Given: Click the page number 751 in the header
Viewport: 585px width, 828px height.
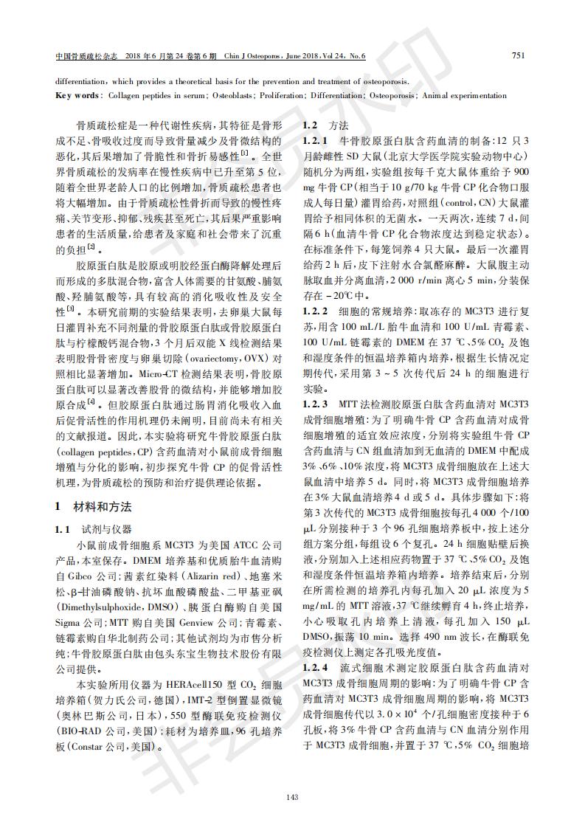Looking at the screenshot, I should (x=518, y=55).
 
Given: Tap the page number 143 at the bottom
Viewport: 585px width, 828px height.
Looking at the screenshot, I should (x=292, y=796).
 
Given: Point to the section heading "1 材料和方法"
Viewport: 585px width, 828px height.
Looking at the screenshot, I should (x=94, y=507).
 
